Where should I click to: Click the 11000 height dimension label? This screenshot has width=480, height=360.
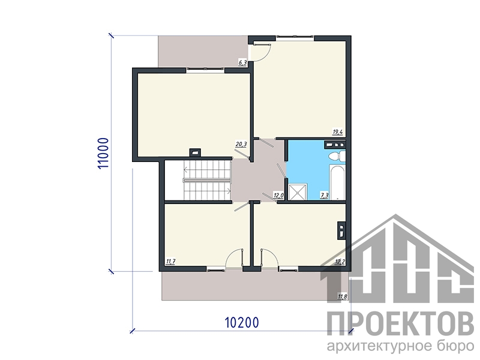click(x=103, y=153)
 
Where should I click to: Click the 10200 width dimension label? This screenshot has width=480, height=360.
click(x=242, y=322)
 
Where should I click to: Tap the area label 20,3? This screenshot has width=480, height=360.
click(x=241, y=144)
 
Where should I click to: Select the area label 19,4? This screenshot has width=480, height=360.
click(x=338, y=132)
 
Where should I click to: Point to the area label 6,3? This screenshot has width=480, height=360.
click(x=242, y=63)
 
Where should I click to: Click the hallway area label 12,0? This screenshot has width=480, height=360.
click(x=278, y=196)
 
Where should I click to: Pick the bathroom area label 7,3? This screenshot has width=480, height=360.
click(x=324, y=196)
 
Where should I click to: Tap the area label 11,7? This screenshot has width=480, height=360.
click(x=170, y=262)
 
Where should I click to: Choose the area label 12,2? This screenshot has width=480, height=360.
click(x=340, y=262)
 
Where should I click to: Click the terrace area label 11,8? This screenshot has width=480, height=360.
click(x=342, y=296)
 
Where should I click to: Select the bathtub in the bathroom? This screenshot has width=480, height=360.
click(x=338, y=182)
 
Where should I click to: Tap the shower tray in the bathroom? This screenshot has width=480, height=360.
click(x=298, y=191)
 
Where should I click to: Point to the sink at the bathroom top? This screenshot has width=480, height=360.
click(x=335, y=145)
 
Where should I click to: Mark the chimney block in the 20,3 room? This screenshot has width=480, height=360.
click(x=195, y=152)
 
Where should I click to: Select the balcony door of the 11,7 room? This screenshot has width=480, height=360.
click(x=234, y=260)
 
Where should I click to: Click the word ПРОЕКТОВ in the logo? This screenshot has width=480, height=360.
click(x=400, y=324)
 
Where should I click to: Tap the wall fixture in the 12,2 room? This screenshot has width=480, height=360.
click(x=341, y=230)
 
